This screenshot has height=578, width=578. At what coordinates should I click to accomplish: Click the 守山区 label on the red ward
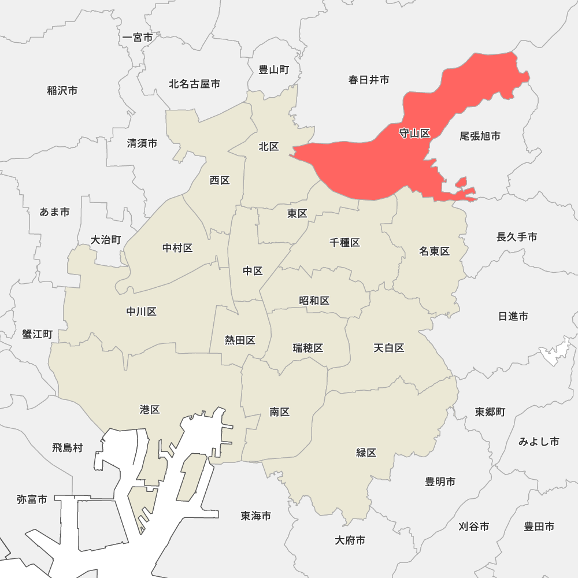coord(415,134)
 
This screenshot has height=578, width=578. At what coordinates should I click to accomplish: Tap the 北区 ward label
coord(269,147)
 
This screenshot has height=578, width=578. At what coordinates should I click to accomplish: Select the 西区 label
coord(220,180)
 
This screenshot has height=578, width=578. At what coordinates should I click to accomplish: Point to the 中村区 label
coord(177,248)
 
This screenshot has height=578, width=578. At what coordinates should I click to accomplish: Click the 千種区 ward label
coord(344,243)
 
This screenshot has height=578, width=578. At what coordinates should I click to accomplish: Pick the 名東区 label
coord(434,251)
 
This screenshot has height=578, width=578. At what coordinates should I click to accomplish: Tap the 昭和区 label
coord(314,301)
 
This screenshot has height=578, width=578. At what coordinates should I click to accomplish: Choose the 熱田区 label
coord(240,340)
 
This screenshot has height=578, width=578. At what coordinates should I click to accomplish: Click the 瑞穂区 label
coord(307,348)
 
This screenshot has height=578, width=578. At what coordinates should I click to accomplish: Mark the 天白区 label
coord(388,348)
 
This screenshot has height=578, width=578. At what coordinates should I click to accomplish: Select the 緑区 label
coord(366,453)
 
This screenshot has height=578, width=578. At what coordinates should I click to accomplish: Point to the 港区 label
coord(150,410)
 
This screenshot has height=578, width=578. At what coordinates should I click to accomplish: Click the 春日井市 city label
coord(369,80)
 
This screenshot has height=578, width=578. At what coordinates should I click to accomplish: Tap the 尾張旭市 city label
coord(480,136)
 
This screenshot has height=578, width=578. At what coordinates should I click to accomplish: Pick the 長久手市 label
coord(517,237)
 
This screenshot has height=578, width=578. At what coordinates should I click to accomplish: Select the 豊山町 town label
coord(273,70)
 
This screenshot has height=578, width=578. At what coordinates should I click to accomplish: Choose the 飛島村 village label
coord(68,447)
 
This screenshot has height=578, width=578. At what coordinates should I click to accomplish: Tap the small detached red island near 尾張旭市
coord(461,183)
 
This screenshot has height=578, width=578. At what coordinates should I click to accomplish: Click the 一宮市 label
coord(138,38)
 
